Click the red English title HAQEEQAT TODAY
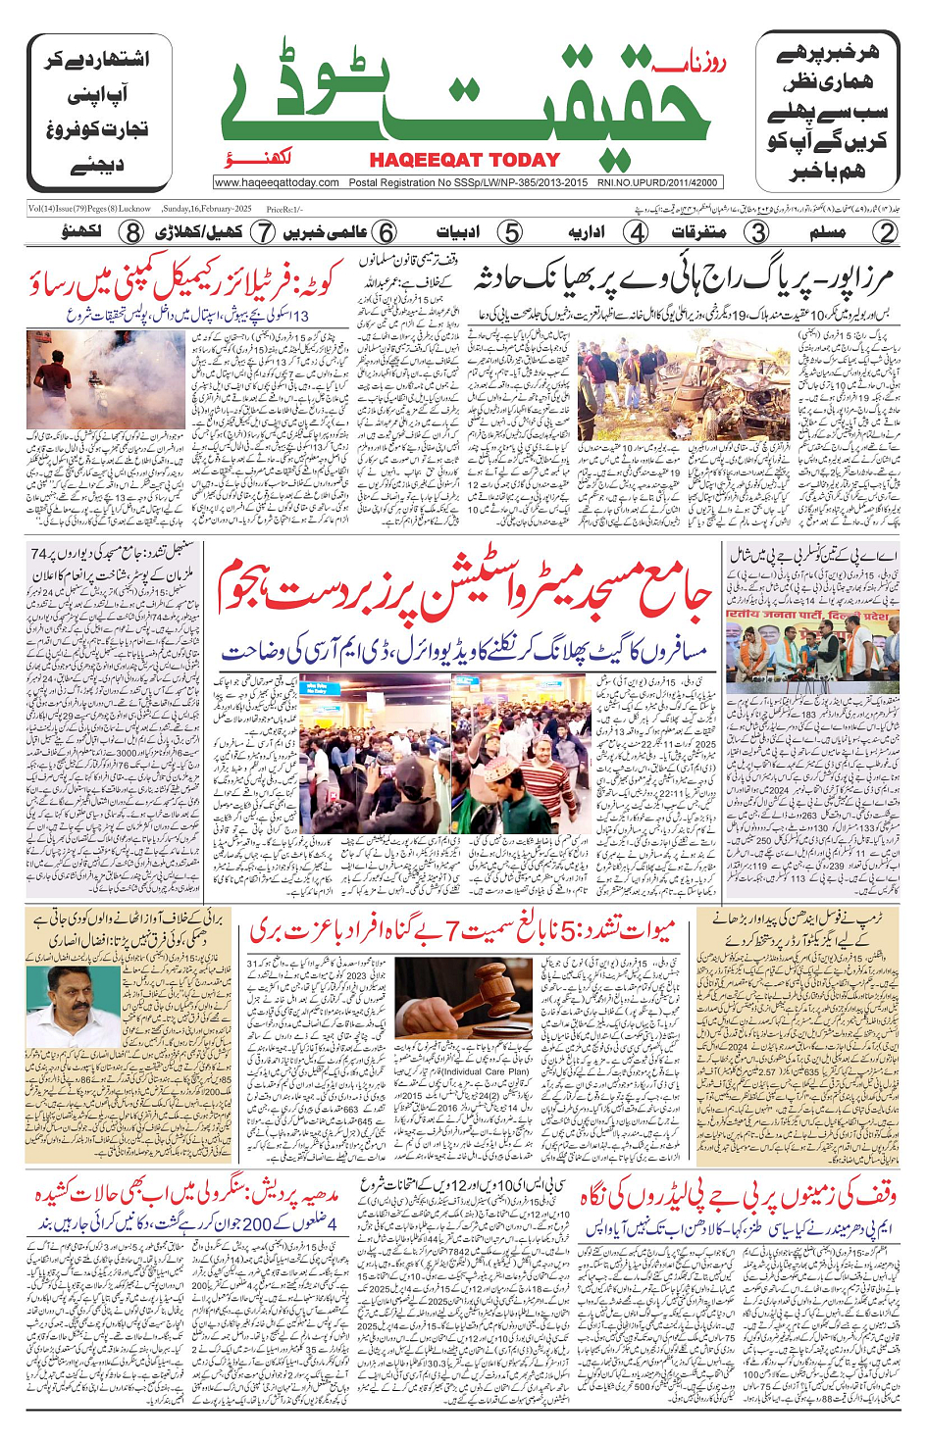464,160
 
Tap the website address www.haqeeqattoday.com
277,182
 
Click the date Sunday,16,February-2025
207,209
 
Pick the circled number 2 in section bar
886,232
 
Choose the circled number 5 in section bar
510,232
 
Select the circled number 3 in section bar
757,232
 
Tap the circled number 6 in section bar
386,232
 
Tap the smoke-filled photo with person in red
105,379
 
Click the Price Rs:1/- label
284,210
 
